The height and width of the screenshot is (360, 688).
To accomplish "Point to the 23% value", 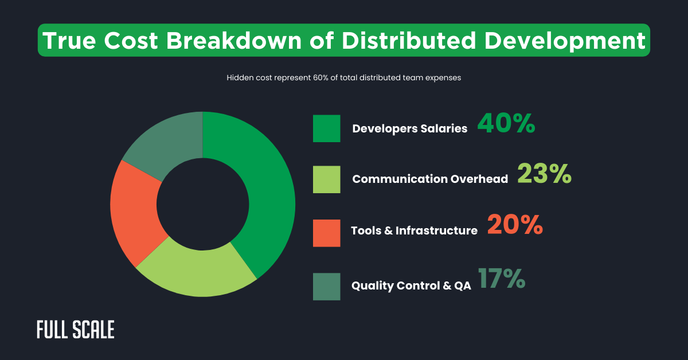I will tap(544, 174).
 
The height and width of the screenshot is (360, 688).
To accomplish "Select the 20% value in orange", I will tap(515, 225).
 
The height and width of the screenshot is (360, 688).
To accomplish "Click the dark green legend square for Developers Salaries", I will tap(326, 128).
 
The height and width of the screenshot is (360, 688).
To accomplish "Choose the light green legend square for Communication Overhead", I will tap(326, 179).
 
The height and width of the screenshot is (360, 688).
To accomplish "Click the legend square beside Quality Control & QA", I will tap(326, 287).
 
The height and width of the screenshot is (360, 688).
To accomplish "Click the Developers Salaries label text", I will tap(409, 129).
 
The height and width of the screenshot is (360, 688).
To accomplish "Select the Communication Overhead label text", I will tap(430, 179).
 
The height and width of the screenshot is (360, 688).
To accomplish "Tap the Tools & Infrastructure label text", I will tap(414, 230).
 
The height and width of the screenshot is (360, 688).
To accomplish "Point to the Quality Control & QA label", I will tap(411, 285).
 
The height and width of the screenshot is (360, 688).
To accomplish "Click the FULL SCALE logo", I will tap(75, 330).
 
